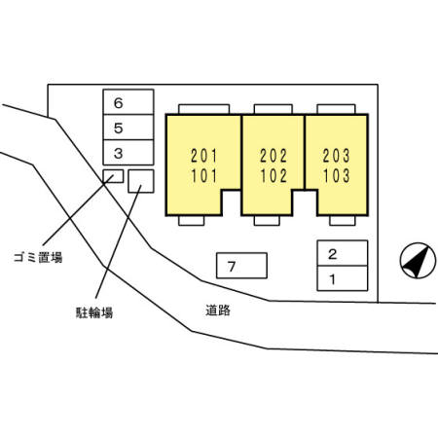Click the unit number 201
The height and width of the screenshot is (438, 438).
[x=203, y=155]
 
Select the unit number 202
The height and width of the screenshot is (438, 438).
[x=273, y=155]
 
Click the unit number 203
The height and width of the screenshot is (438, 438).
[x=337, y=155]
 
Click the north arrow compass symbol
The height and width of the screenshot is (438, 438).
[x=416, y=261]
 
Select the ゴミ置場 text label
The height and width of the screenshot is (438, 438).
[x=39, y=258]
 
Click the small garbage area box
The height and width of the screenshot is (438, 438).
[x=114, y=176]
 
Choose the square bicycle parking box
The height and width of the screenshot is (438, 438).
[x=141, y=181]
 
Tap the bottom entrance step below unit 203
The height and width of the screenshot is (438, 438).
[x=332, y=220]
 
